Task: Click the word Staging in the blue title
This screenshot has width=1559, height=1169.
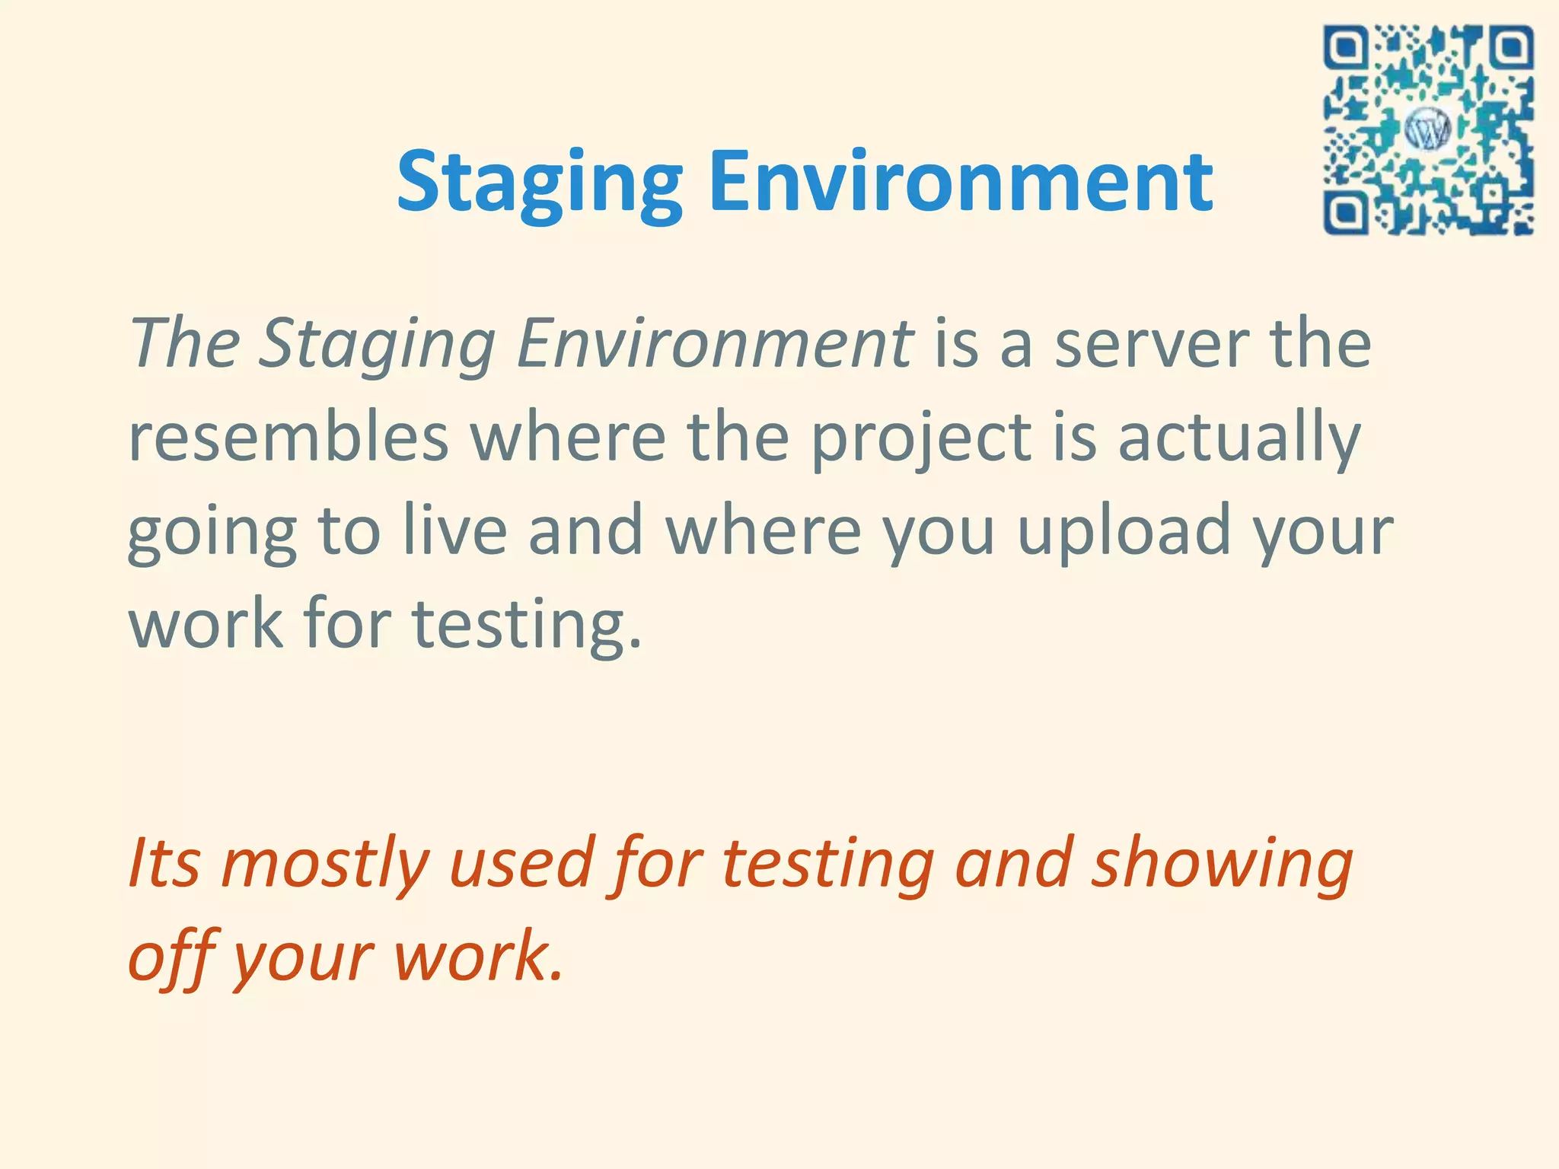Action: point(539,183)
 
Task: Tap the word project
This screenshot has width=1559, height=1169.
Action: point(920,440)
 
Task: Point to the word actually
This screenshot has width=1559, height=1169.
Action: point(1239,440)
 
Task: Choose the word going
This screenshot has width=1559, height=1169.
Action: point(212,533)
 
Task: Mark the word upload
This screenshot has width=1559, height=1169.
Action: point(1124,533)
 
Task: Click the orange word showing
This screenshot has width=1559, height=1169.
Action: point(1223,865)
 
